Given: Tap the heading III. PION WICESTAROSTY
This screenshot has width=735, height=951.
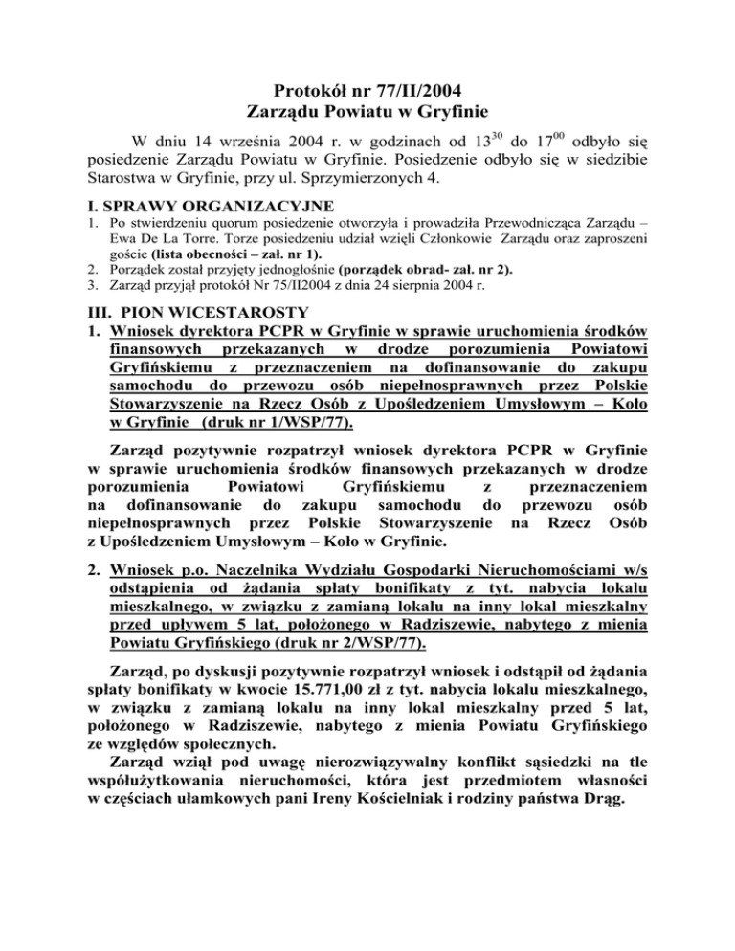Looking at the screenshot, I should click(180, 311).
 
